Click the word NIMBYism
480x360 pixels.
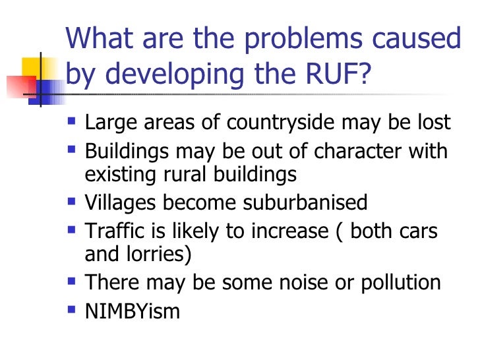tap(132, 312)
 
